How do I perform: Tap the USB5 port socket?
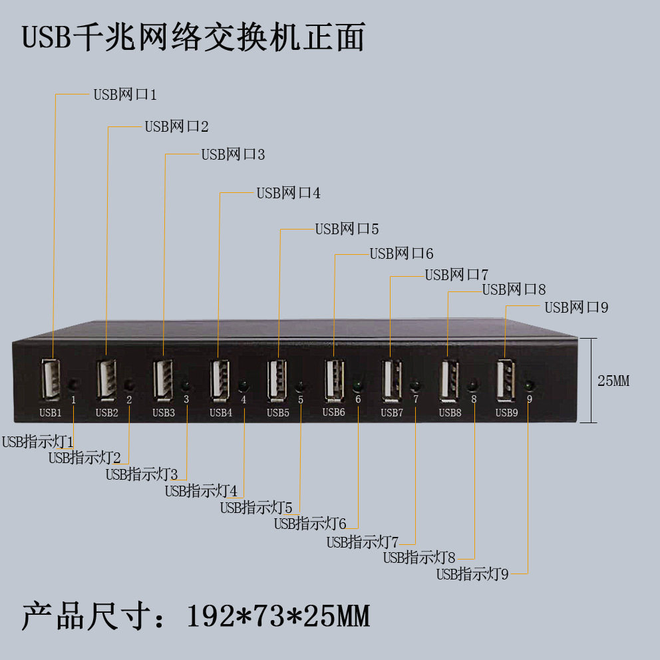click(x=277, y=379)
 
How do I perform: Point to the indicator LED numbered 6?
click(x=358, y=385)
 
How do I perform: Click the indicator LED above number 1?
click(x=73, y=384)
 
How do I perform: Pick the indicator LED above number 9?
click(x=530, y=385)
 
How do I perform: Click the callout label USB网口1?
click(x=124, y=94)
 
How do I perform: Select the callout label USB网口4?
click(x=288, y=193)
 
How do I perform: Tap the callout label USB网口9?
click(x=576, y=307)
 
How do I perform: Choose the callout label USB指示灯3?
click(x=142, y=474)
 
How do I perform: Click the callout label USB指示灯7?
click(x=362, y=542)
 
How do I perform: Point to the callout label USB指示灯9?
click(x=472, y=574)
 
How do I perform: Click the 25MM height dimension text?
click(x=613, y=381)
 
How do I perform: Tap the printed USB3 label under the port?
click(x=164, y=412)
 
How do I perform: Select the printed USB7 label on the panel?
click(x=392, y=412)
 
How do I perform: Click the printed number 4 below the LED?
click(x=244, y=400)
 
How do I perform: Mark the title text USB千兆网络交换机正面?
click(x=194, y=38)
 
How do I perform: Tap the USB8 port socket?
click(x=449, y=379)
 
